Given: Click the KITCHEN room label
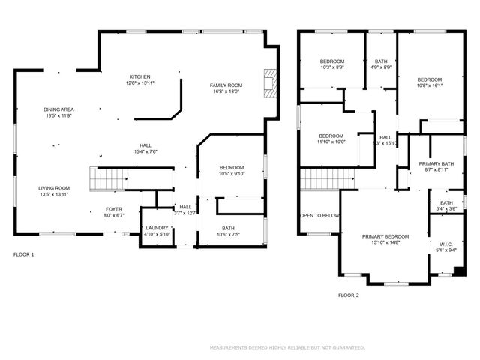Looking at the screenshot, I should pos(140,76).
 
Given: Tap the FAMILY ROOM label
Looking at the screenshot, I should pos(226,85).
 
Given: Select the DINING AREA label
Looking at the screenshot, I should pos(58,109).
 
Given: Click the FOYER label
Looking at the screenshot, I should pos(113,210).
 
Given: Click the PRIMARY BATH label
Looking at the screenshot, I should pos(436,163).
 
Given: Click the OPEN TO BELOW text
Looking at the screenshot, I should pos(319,215).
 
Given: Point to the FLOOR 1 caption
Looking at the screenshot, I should pos(24,254).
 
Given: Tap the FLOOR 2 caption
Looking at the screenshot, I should pos(348,295).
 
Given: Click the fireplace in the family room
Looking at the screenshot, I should pos(269,85).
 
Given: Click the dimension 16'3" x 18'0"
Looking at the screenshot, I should pos(226,91).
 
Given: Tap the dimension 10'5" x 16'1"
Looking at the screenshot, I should pos(430,85).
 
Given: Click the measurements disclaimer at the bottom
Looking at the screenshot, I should pos(287,347).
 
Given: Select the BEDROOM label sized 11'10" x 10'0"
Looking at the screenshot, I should pos(331,136).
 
